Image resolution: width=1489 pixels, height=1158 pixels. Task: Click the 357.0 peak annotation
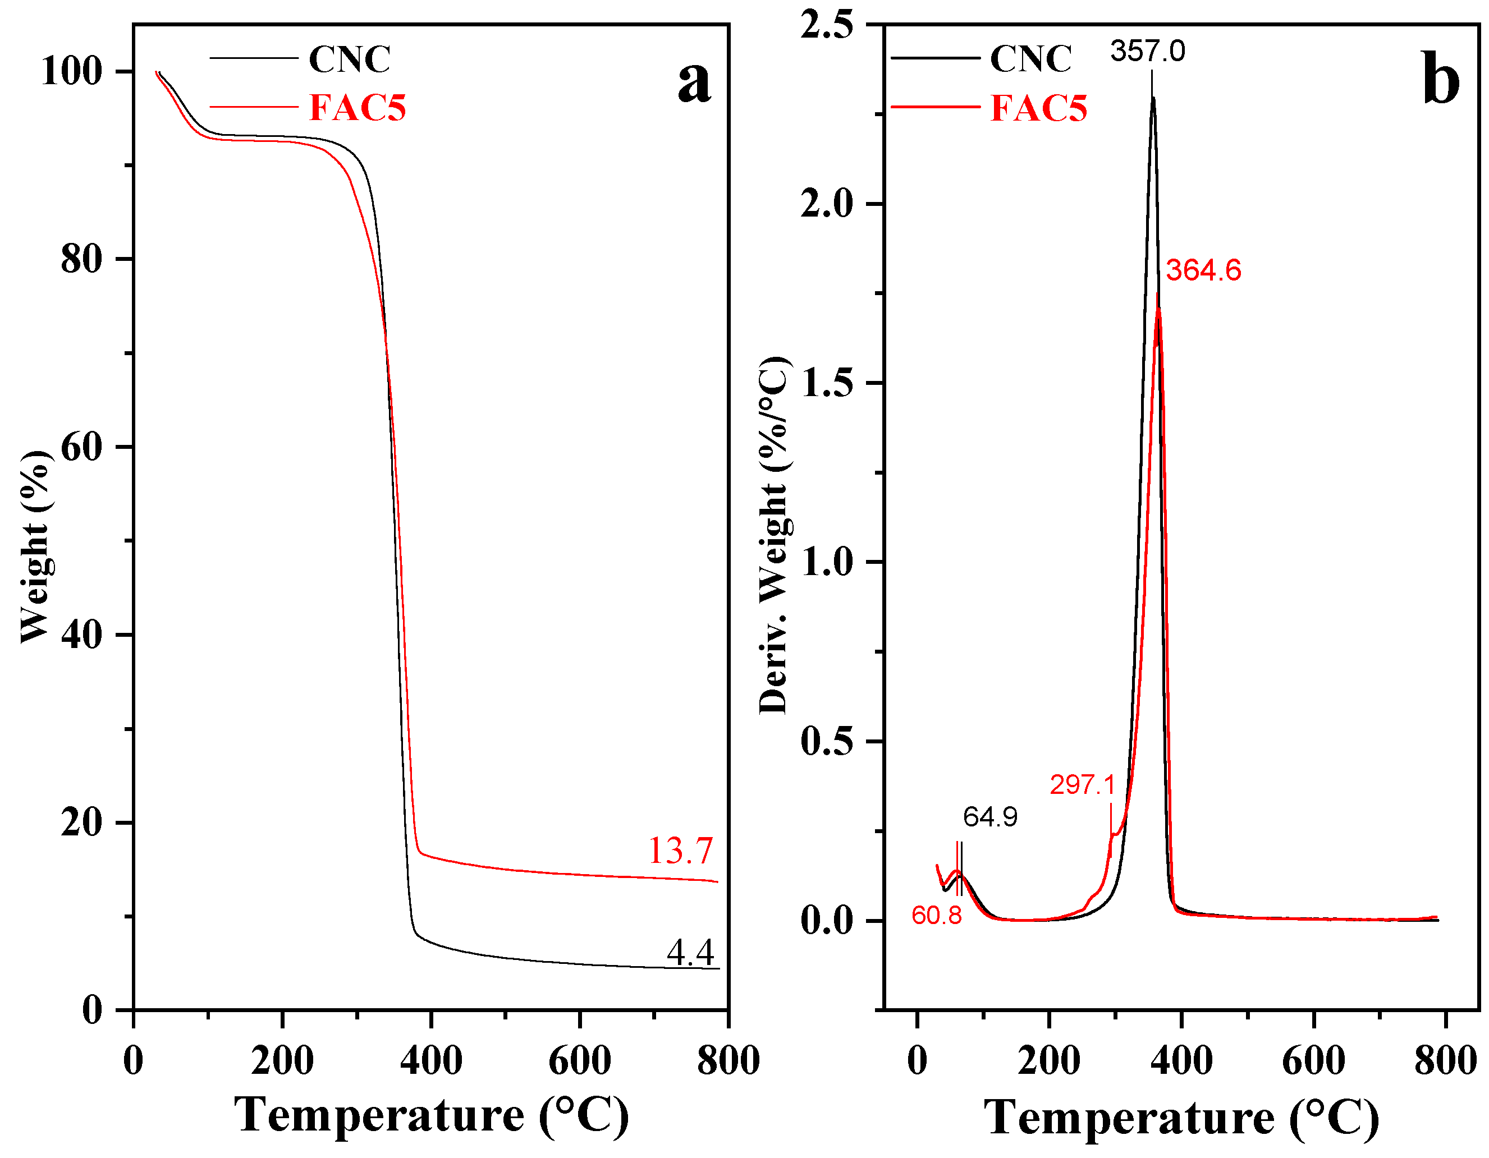[x=1147, y=52]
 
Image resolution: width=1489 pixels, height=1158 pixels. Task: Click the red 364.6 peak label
[x=1203, y=270]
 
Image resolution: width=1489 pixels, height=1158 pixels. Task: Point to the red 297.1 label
[x=1082, y=784]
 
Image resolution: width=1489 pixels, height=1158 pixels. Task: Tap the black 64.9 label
[x=990, y=816]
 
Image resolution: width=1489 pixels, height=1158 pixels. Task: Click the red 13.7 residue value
[x=680, y=851]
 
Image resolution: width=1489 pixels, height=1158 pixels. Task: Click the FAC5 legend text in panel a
[x=358, y=108]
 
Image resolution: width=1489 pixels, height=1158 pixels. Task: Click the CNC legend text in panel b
[x=1030, y=58]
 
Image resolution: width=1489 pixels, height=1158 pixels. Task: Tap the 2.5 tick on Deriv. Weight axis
[x=826, y=25]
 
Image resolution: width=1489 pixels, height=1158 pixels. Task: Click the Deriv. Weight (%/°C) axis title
[x=775, y=535]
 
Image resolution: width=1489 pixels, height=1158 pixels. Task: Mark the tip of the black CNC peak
[x=1152, y=98]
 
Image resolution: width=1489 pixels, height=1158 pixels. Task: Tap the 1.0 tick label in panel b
[x=826, y=562]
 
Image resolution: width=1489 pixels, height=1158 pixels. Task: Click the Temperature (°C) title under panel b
[x=1181, y=1118]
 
